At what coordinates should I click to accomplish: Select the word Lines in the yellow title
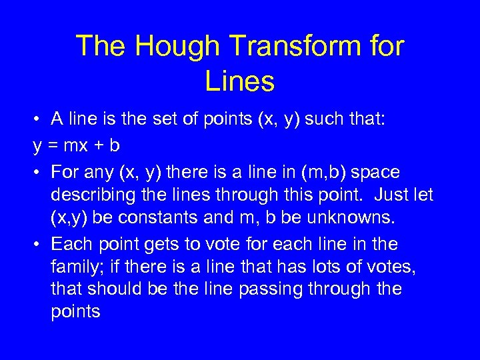[240, 81]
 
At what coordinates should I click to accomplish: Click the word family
[74, 267]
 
